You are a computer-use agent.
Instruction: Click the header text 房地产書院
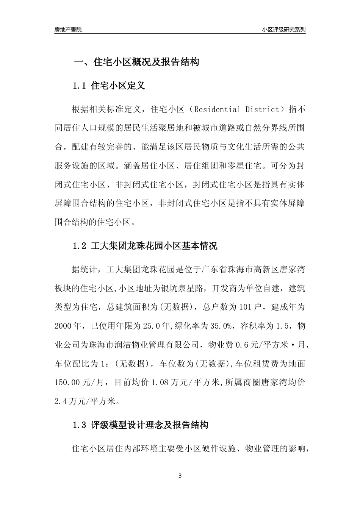(68, 30)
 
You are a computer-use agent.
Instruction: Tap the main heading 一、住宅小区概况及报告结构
(136, 62)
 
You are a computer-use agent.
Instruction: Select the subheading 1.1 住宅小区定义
(108, 86)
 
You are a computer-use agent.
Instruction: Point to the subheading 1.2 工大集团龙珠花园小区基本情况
(145, 246)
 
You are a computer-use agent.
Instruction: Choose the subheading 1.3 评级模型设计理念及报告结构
(140, 425)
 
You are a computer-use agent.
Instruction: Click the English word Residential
(217, 110)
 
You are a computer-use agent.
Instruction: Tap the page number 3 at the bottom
(180, 476)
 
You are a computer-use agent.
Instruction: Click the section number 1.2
(80, 246)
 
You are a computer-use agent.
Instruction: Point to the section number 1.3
(80, 425)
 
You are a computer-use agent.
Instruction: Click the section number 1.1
(80, 86)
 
